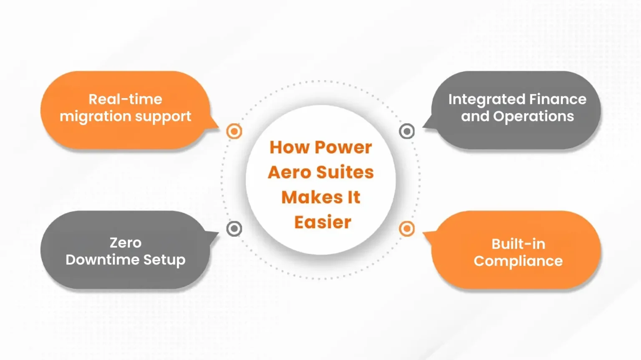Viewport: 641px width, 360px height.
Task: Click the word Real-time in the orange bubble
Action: (125, 99)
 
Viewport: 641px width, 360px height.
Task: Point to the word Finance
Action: (558, 99)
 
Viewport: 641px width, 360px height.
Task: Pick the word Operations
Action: (533, 116)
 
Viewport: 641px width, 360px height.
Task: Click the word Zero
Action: (126, 243)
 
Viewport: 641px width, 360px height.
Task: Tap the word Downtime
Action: (102, 260)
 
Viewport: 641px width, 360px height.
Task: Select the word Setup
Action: (164, 260)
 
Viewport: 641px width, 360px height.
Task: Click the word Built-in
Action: (518, 244)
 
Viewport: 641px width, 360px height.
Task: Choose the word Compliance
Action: (518, 261)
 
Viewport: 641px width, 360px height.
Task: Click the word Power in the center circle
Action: (343, 148)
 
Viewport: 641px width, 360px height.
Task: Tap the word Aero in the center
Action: (289, 172)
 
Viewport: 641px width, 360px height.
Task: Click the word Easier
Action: (323, 222)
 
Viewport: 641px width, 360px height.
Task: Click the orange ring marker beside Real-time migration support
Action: (234, 131)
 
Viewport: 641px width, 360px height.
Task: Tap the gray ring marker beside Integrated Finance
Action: (407, 131)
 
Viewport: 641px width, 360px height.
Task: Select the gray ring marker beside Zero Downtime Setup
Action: (234, 229)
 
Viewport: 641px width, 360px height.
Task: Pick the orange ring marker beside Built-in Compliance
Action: (407, 229)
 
